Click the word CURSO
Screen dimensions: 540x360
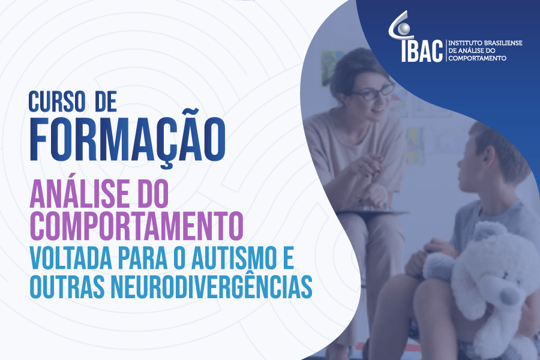click(57, 101)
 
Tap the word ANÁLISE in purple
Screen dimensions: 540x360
click(80, 193)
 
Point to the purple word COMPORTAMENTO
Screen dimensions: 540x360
click(136, 226)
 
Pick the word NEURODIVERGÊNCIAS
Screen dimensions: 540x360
click(211, 287)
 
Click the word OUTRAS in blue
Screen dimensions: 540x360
click(67, 287)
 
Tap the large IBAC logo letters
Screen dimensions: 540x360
click(422, 50)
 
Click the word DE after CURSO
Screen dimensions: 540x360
click(106, 101)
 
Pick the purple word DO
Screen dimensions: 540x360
click(153, 193)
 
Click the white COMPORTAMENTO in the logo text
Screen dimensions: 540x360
click(478, 58)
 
